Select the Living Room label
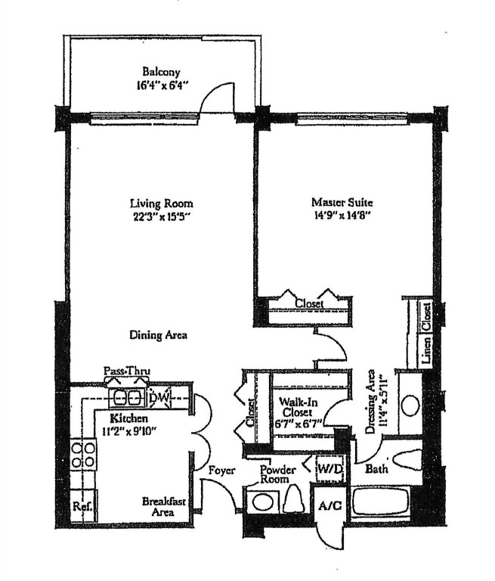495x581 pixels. [x=161, y=203]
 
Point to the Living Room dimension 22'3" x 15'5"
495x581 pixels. [x=161, y=216]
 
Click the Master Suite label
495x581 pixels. [x=342, y=203]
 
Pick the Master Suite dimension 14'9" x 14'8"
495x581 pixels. [x=342, y=216]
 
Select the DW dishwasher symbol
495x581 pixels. [x=159, y=397]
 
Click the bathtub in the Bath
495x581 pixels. [x=381, y=505]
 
